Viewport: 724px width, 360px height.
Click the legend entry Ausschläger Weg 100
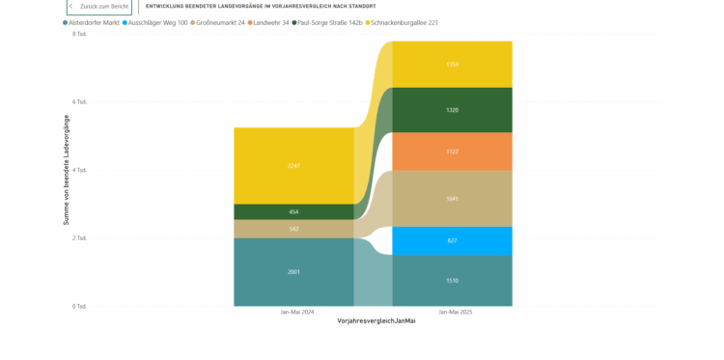[x=157, y=22]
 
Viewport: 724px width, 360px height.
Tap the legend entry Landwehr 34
[x=271, y=22]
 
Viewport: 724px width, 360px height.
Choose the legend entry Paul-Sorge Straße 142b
[x=330, y=22]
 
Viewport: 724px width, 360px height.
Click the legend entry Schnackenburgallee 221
[x=404, y=22]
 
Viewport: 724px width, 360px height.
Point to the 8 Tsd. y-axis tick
[x=80, y=34]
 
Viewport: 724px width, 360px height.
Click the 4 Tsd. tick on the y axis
[x=80, y=170]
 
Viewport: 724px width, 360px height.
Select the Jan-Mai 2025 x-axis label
[x=452, y=312]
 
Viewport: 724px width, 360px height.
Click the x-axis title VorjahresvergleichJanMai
[x=376, y=320]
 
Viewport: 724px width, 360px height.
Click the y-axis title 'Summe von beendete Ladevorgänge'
[x=67, y=170]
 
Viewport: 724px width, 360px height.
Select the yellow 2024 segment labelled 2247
[x=293, y=165]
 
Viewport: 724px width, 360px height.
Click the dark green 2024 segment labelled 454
[x=293, y=211]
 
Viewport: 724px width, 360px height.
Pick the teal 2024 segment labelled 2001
[x=293, y=272]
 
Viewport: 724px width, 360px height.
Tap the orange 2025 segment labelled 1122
[x=452, y=152]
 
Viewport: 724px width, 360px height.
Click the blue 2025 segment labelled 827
[x=452, y=240]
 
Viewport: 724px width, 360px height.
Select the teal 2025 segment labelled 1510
[x=452, y=280]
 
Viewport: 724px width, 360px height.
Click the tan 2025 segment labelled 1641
[x=452, y=199]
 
